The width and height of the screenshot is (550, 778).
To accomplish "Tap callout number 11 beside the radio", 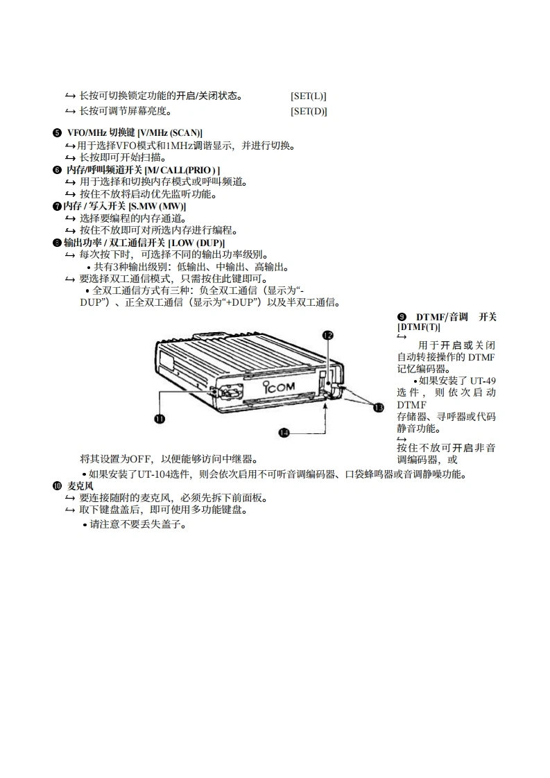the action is (160, 418).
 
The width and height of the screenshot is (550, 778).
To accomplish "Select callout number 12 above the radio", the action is (328, 335).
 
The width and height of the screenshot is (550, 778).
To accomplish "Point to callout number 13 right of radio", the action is (379, 408).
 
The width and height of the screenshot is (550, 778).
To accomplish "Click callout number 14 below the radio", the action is (284, 433).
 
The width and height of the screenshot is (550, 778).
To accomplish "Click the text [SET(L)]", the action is (309, 96).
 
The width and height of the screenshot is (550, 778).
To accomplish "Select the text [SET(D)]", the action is (309, 111).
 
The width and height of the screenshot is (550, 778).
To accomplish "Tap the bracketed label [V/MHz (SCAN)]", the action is (170, 132).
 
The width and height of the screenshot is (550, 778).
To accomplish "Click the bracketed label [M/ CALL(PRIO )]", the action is (182, 170).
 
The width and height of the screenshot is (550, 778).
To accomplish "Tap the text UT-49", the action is (483, 380).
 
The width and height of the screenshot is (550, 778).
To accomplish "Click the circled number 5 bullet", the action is (56, 132).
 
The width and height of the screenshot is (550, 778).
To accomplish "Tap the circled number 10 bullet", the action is (57, 486).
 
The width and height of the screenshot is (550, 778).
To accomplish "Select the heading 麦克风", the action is (78, 486).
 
